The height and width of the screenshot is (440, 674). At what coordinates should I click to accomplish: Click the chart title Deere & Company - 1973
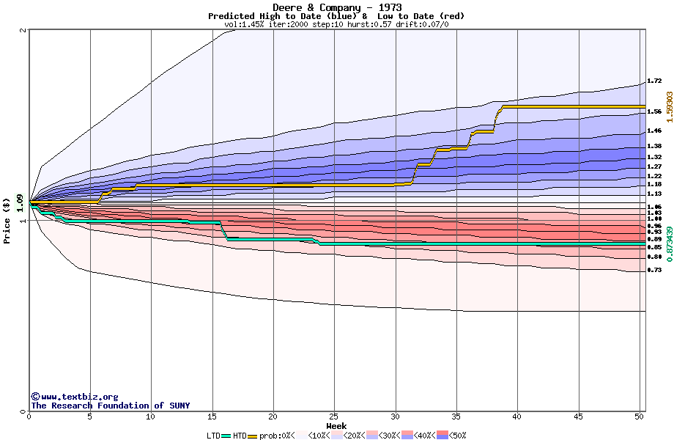tap(336, 7)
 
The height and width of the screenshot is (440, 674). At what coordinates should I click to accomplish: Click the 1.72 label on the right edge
tap(654, 81)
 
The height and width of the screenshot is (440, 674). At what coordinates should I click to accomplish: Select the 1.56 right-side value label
tap(654, 111)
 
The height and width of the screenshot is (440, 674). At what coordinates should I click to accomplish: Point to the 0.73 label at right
tap(654, 271)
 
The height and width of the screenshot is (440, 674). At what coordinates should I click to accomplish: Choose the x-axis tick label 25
tap(334, 417)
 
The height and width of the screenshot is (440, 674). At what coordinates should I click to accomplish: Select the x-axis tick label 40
tap(517, 417)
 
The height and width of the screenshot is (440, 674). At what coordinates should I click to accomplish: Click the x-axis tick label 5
tap(90, 417)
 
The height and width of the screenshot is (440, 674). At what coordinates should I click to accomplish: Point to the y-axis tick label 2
tap(23, 30)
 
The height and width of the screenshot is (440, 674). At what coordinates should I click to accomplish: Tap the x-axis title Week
tap(336, 425)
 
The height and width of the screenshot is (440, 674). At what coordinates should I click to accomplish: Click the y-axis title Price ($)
tap(7, 220)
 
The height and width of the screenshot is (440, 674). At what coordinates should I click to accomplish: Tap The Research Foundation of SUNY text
tap(110, 406)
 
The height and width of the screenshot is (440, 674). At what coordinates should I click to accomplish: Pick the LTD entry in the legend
tap(214, 435)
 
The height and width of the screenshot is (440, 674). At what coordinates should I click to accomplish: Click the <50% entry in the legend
tap(456, 435)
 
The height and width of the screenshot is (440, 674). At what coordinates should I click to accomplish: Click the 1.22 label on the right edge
tap(654, 177)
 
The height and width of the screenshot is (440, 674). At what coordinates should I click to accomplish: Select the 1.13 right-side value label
tap(654, 194)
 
